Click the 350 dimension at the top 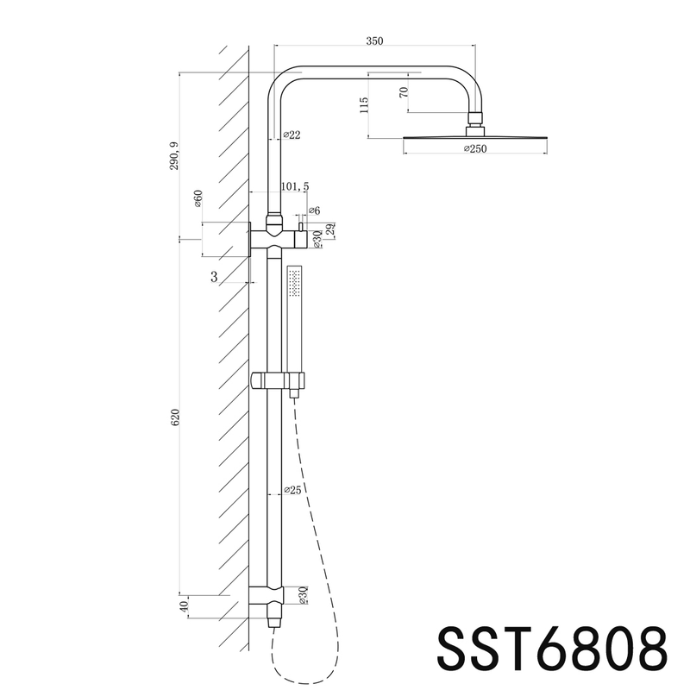373,41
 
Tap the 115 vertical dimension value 365,105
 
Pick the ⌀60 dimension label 198,199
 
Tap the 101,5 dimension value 294,186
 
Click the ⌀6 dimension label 314,210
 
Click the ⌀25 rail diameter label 292,491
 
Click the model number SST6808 552,646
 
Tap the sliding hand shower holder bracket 277,379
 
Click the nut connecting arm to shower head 473,120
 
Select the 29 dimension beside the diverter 331,229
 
